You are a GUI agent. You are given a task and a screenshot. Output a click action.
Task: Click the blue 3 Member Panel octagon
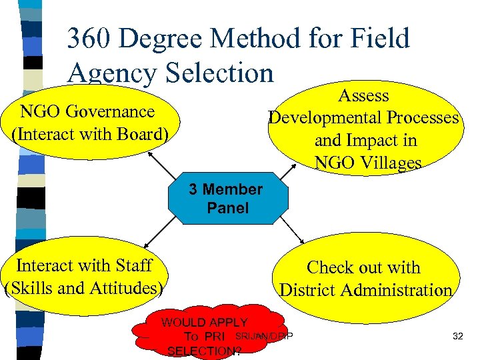pyautogui.click(x=227, y=199)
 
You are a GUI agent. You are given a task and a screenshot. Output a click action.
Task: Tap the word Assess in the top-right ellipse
pyautogui.click(x=363, y=95)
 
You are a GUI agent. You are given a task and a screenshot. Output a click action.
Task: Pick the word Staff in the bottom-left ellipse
pyautogui.click(x=130, y=265)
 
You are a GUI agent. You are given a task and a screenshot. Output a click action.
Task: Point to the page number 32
pyautogui.click(x=457, y=336)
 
